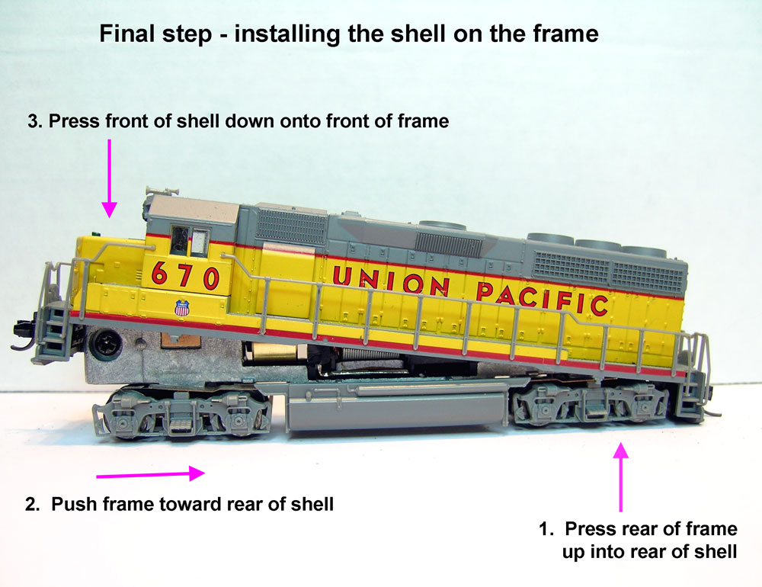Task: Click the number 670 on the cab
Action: pyautogui.click(x=186, y=274)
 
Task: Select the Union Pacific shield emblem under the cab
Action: pyautogui.click(x=181, y=308)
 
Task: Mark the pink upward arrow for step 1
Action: pyautogui.click(x=622, y=477)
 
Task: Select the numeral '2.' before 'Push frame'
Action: pyautogui.click(x=33, y=504)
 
